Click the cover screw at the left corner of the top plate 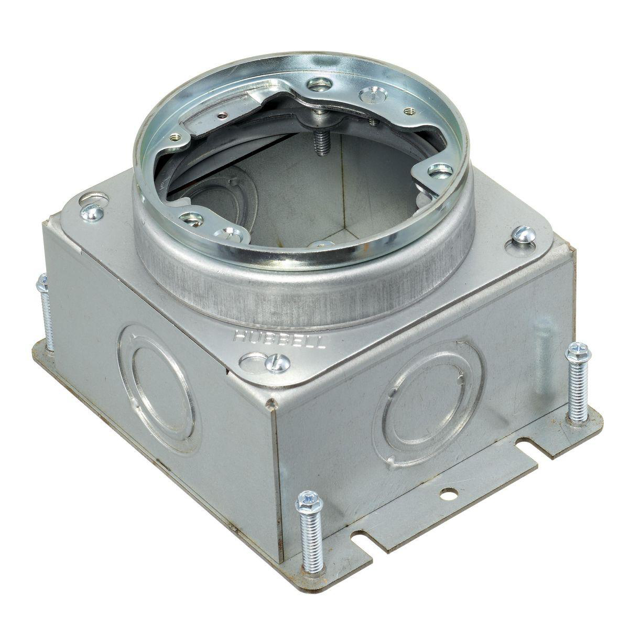coord(92,212)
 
